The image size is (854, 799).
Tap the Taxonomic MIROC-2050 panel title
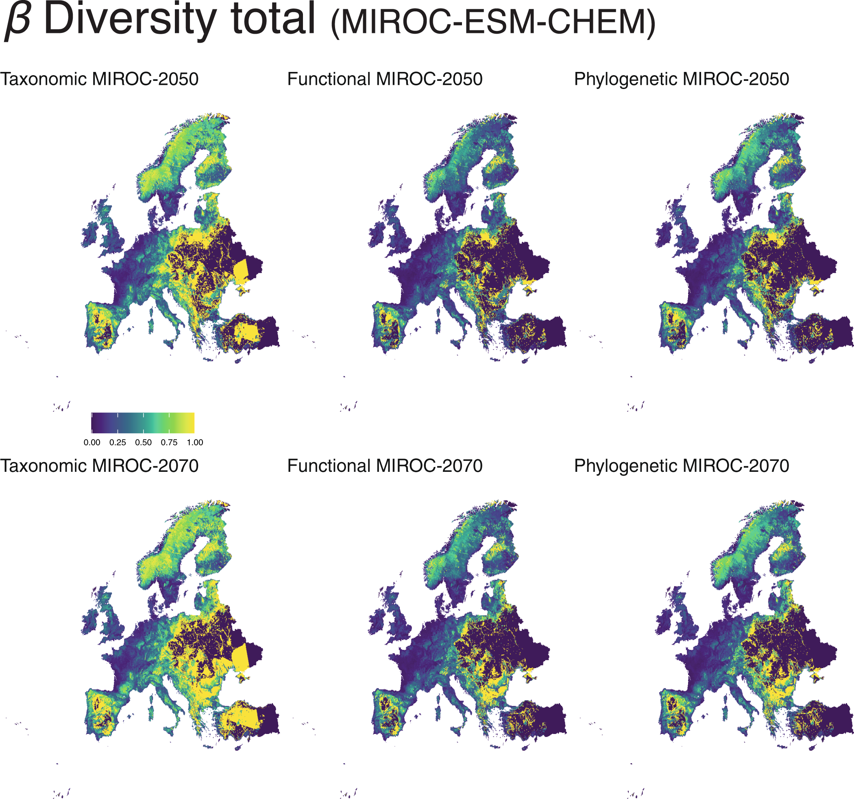[99, 79]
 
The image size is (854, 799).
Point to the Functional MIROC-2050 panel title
[384, 79]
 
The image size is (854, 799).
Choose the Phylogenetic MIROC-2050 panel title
[681, 79]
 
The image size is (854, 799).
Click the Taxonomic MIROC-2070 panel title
[99, 466]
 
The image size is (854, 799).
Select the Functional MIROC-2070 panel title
[384, 466]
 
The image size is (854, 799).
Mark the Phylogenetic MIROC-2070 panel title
[681, 466]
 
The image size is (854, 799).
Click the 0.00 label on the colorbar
[92, 443]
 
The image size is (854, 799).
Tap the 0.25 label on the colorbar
[118, 443]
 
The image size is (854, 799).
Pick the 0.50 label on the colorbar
[144, 443]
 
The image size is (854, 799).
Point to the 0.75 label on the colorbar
[169, 443]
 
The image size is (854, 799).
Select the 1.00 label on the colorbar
[195, 443]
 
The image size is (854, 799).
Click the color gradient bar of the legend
[143, 423]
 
